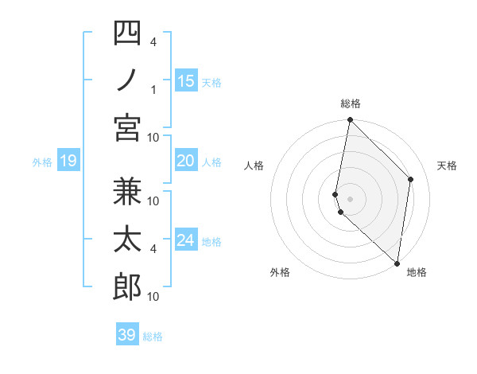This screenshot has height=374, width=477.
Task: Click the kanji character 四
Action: tap(127, 33)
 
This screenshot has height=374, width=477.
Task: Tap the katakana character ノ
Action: tap(127, 80)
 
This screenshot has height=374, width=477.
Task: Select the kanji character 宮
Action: tap(127, 127)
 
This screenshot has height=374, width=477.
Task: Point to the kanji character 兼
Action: tap(127, 192)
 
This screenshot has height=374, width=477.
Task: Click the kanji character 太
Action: tap(127, 240)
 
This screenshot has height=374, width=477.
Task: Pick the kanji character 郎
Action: tap(127, 287)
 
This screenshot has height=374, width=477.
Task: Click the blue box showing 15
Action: tap(186, 81)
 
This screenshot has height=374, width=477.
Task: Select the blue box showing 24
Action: tap(186, 241)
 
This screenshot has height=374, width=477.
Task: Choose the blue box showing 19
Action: tap(68, 162)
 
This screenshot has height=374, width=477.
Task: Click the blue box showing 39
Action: tap(126, 335)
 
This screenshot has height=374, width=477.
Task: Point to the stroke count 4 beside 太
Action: tap(153, 248)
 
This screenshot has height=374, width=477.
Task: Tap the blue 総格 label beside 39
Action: tap(153, 337)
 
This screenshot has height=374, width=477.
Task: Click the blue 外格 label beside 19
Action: tap(42, 162)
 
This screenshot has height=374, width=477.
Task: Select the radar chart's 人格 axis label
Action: tap(254, 166)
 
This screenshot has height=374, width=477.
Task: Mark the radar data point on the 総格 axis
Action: tap(350, 120)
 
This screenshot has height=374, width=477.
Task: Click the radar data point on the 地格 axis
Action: tap(397, 263)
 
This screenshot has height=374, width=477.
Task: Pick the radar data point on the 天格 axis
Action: tap(411, 179)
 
